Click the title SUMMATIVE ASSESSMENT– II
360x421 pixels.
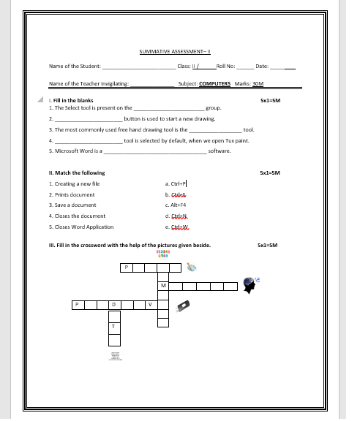(x=174, y=51)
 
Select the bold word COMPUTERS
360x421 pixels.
(x=214, y=83)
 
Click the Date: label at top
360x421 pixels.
(x=262, y=67)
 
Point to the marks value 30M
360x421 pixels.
(x=256, y=83)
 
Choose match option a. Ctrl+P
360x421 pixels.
(x=176, y=183)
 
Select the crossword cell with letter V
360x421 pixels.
(x=150, y=303)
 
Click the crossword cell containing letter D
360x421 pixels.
(x=113, y=303)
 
